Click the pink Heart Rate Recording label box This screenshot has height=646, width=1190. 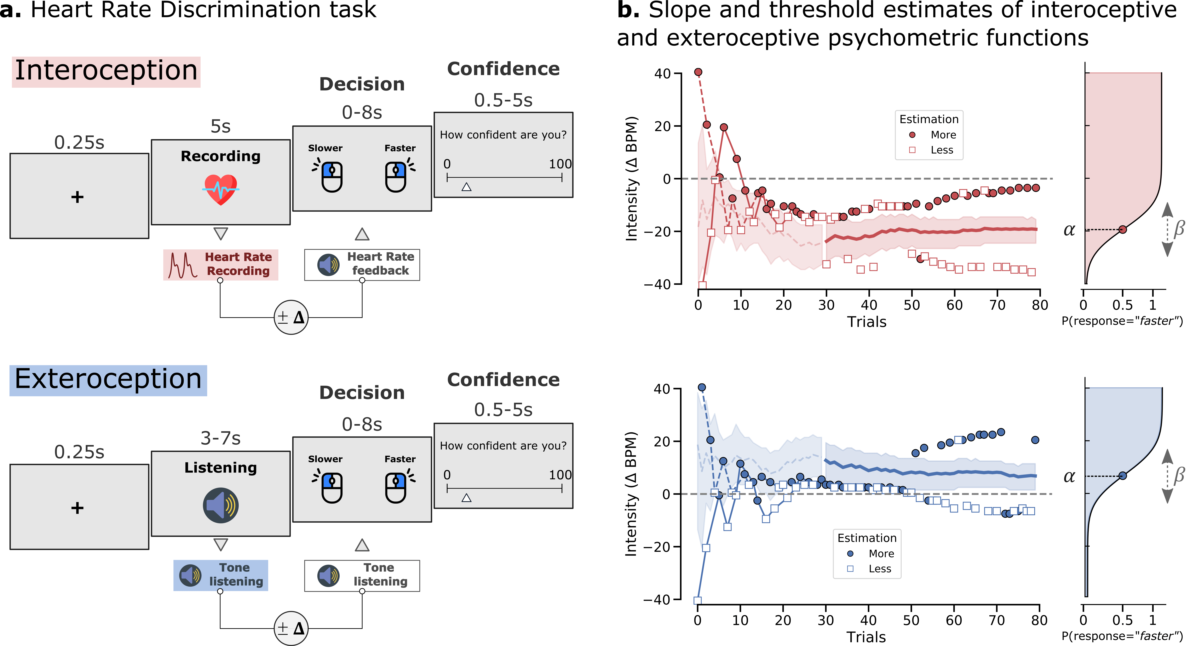click(220, 264)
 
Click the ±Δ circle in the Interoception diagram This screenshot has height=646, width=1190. click(291, 317)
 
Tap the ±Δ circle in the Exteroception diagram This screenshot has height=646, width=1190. click(291, 628)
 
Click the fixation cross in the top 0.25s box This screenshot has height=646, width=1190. click(77, 197)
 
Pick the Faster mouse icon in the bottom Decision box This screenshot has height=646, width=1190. click(396, 487)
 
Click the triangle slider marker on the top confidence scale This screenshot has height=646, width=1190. click(466, 187)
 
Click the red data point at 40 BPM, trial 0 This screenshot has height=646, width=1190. click(698, 72)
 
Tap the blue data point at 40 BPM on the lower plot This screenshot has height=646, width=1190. click(702, 388)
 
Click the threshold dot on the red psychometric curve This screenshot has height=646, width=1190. click(1123, 229)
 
